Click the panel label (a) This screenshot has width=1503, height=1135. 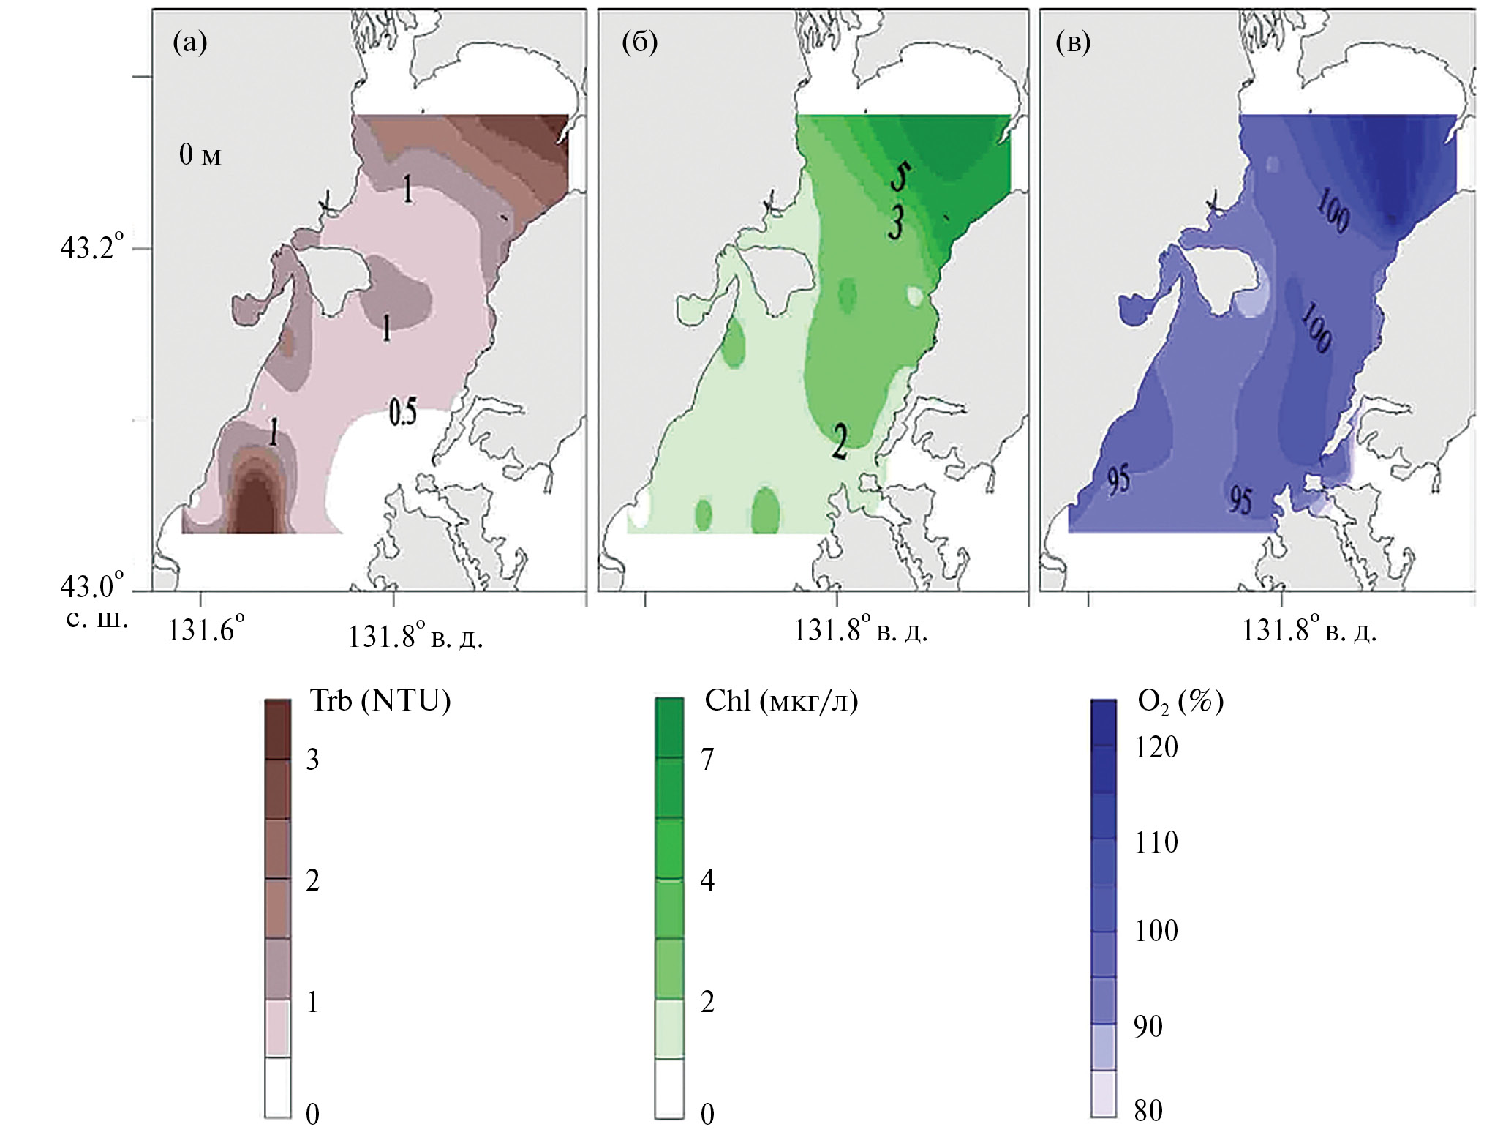click(x=189, y=44)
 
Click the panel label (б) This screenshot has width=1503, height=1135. click(x=639, y=44)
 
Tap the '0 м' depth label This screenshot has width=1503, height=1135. click(x=200, y=155)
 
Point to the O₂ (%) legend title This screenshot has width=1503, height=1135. click(x=1180, y=702)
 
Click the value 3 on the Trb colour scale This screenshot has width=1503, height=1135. click(x=312, y=760)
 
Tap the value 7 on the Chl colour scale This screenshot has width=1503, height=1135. click(x=707, y=760)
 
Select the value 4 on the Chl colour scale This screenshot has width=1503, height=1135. click(x=707, y=880)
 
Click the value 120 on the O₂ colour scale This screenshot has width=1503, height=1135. click(x=1156, y=747)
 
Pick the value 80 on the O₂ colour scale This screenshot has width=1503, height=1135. click(x=1148, y=1111)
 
